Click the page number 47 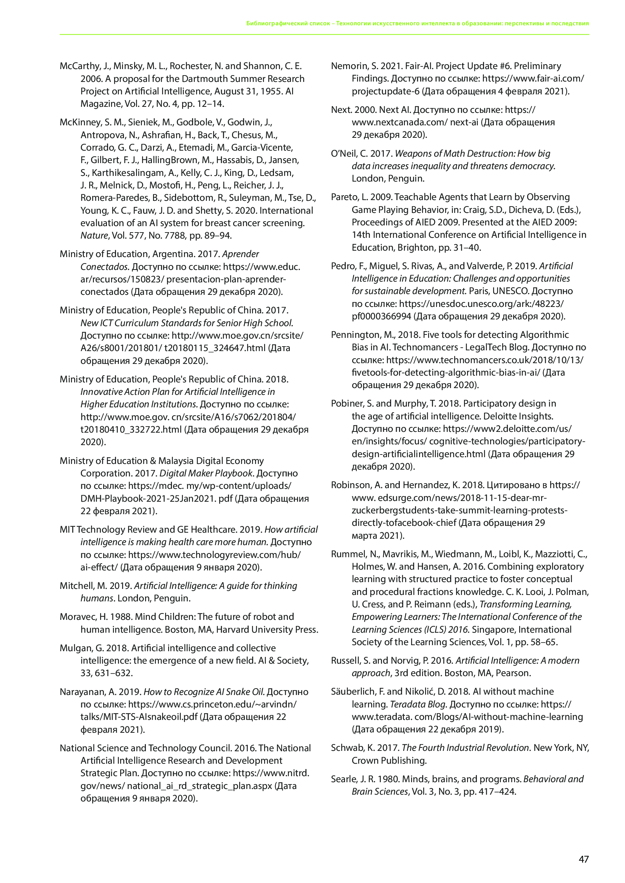[583, 859]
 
